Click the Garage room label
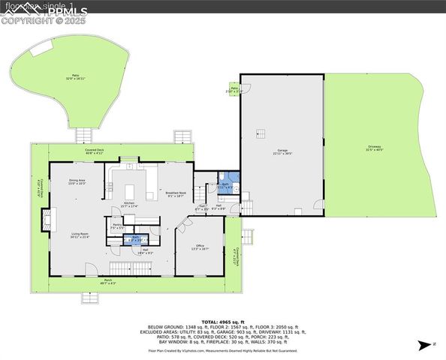coord(282,151)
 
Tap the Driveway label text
coord(374,148)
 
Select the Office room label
coord(200,247)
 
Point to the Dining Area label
coord(77,181)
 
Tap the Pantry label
coord(117,225)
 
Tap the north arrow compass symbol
coord(425,344)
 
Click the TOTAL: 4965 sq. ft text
coord(223,321)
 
